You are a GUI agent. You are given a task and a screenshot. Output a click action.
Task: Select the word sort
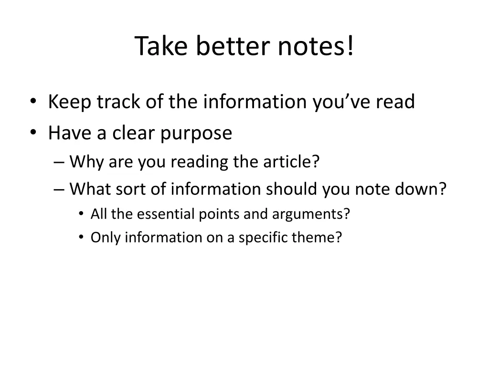(x=127, y=189)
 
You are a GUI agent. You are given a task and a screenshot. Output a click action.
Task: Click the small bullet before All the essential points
(x=82, y=214)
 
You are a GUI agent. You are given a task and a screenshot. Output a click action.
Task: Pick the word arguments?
(x=311, y=214)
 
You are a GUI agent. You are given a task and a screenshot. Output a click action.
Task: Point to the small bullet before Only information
(x=82, y=237)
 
